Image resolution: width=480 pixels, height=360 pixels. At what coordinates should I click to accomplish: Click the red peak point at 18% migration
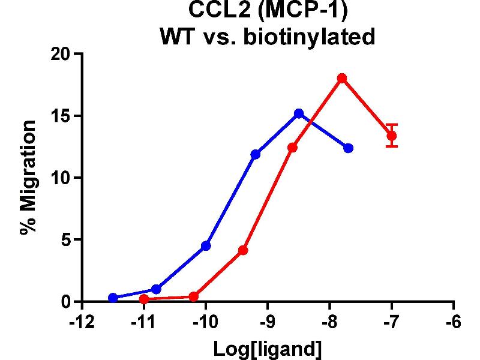pyautogui.click(x=342, y=79)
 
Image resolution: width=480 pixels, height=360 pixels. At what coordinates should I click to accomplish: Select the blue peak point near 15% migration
pyautogui.click(x=299, y=113)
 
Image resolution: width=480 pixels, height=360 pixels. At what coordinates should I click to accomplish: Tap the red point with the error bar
pyautogui.click(x=392, y=136)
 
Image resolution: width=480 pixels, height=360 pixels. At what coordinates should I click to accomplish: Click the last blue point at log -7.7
pyautogui.click(x=349, y=148)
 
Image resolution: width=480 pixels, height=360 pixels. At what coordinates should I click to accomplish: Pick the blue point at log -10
pyautogui.click(x=206, y=245)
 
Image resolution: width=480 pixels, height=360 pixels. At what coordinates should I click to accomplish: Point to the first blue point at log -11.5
pyautogui.click(x=113, y=298)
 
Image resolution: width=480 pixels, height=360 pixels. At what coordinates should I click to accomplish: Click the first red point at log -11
pyautogui.click(x=143, y=299)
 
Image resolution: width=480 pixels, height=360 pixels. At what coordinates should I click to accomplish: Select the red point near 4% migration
pyautogui.click(x=243, y=250)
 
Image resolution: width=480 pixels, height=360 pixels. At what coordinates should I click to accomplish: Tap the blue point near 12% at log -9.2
pyautogui.click(x=256, y=154)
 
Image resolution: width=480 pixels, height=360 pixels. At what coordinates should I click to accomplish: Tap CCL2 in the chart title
pyautogui.click(x=213, y=11)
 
